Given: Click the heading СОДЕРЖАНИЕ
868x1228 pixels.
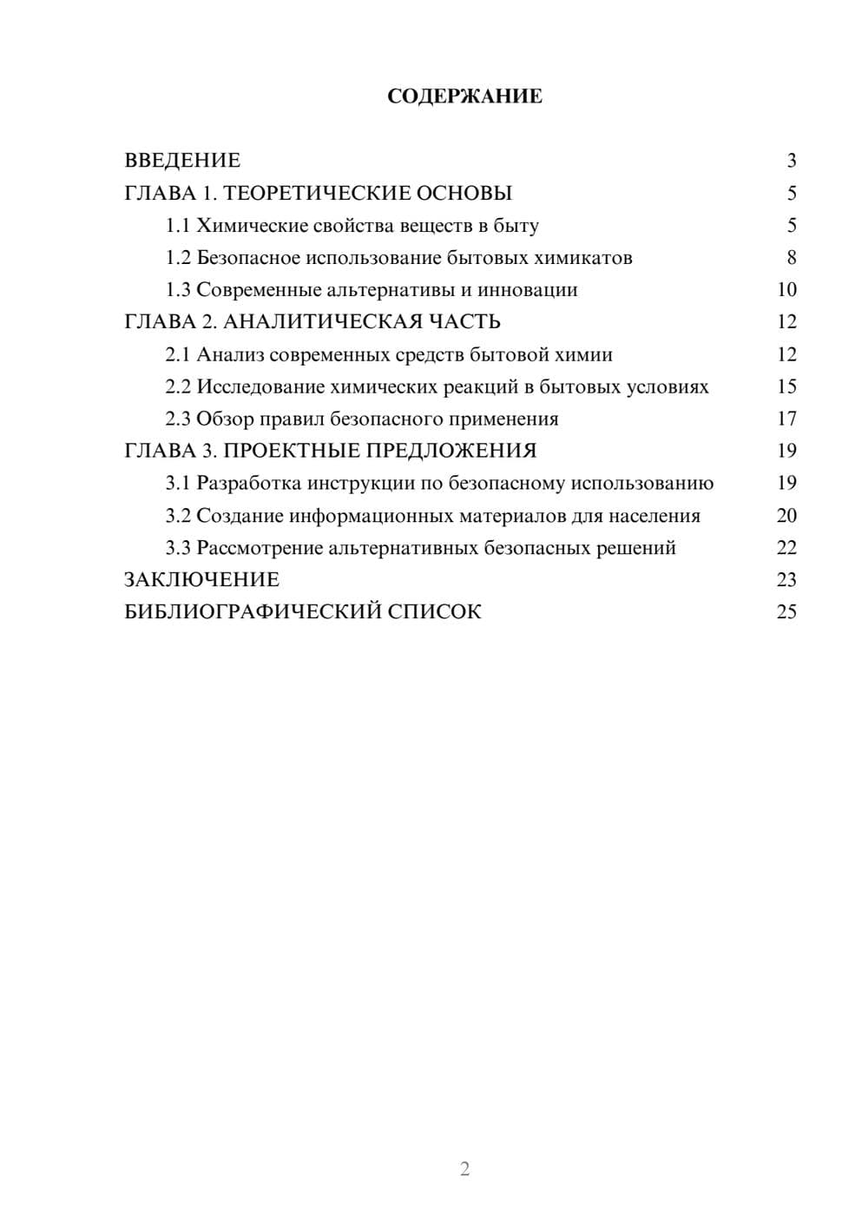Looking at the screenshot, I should tap(464, 96).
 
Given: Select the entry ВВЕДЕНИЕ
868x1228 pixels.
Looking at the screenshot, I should tap(182, 161).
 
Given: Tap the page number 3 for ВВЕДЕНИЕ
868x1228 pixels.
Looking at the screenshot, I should tap(791, 161).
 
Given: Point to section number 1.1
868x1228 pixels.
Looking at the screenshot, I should tap(178, 226).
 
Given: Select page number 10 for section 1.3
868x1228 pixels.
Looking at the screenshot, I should tap(786, 290).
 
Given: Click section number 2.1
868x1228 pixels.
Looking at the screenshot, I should tap(178, 354).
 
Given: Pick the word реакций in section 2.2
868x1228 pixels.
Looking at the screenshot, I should tap(482, 386).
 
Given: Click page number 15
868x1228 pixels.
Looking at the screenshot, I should tap(786, 386).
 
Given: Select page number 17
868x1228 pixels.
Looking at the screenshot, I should tap(786, 419).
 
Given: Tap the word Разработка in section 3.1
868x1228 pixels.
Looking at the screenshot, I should tap(249, 483).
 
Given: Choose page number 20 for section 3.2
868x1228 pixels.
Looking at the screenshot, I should tap(786, 516).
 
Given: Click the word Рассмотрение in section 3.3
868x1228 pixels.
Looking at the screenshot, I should tap(260, 548).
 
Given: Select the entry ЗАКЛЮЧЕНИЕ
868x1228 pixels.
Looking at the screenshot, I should tap(202, 580).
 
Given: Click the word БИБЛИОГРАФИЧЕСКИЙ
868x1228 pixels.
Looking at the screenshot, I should tap(252, 612).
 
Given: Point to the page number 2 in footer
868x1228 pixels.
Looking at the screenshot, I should tap(464, 1169).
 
